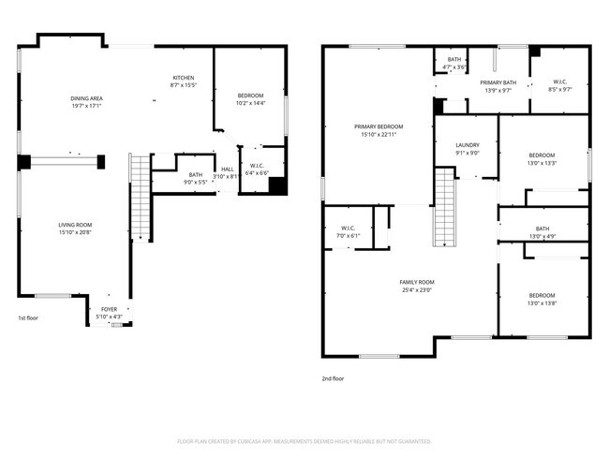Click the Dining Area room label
click(85, 99)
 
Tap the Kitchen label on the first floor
click(184, 78)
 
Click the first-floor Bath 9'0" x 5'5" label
click(195, 176)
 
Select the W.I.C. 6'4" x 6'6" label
click(257, 170)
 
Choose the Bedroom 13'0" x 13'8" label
click(542, 299)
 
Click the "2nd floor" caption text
click(333, 378)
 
